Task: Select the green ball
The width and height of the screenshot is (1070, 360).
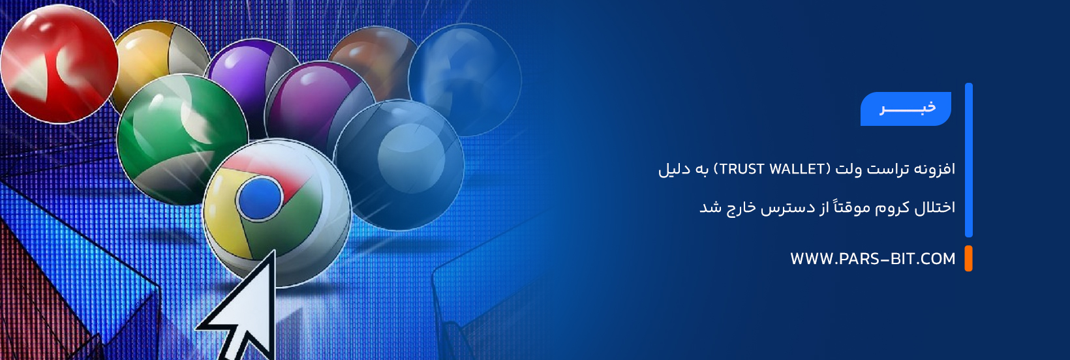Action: point(181,138)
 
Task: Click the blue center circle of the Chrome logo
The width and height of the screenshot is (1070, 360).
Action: point(260,199)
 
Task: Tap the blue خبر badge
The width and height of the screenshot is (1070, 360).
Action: point(906,109)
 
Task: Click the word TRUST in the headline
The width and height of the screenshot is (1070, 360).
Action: point(739,169)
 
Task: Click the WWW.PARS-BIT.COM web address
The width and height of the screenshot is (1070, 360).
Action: point(873,259)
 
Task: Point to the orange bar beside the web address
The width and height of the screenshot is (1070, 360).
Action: point(968,258)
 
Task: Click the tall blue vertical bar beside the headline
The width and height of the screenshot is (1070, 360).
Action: point(969,160)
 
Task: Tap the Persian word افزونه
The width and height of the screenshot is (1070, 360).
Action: point(934,169)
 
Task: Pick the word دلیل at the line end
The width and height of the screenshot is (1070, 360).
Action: point(673,169)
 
